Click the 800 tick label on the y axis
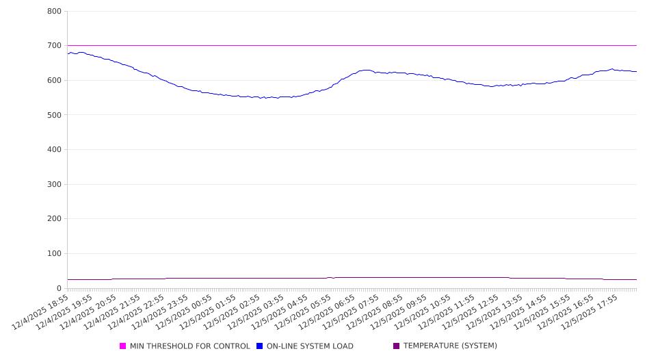point(55,12)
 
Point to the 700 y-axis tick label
point(55,46)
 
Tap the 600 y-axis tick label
point(55,81)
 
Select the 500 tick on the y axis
point(55,115)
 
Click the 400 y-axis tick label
point(55,150)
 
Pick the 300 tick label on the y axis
point(55,185)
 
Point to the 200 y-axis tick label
point(55,219)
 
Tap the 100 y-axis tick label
point(55,254)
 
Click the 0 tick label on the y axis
point(60,288)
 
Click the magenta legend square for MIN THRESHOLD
point(123,346)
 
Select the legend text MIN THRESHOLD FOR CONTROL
point(189,346)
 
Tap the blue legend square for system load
point(260,346)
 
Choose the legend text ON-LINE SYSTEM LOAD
point(310,346)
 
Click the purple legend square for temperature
point(397,346)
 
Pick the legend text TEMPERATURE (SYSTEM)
point(450,346)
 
